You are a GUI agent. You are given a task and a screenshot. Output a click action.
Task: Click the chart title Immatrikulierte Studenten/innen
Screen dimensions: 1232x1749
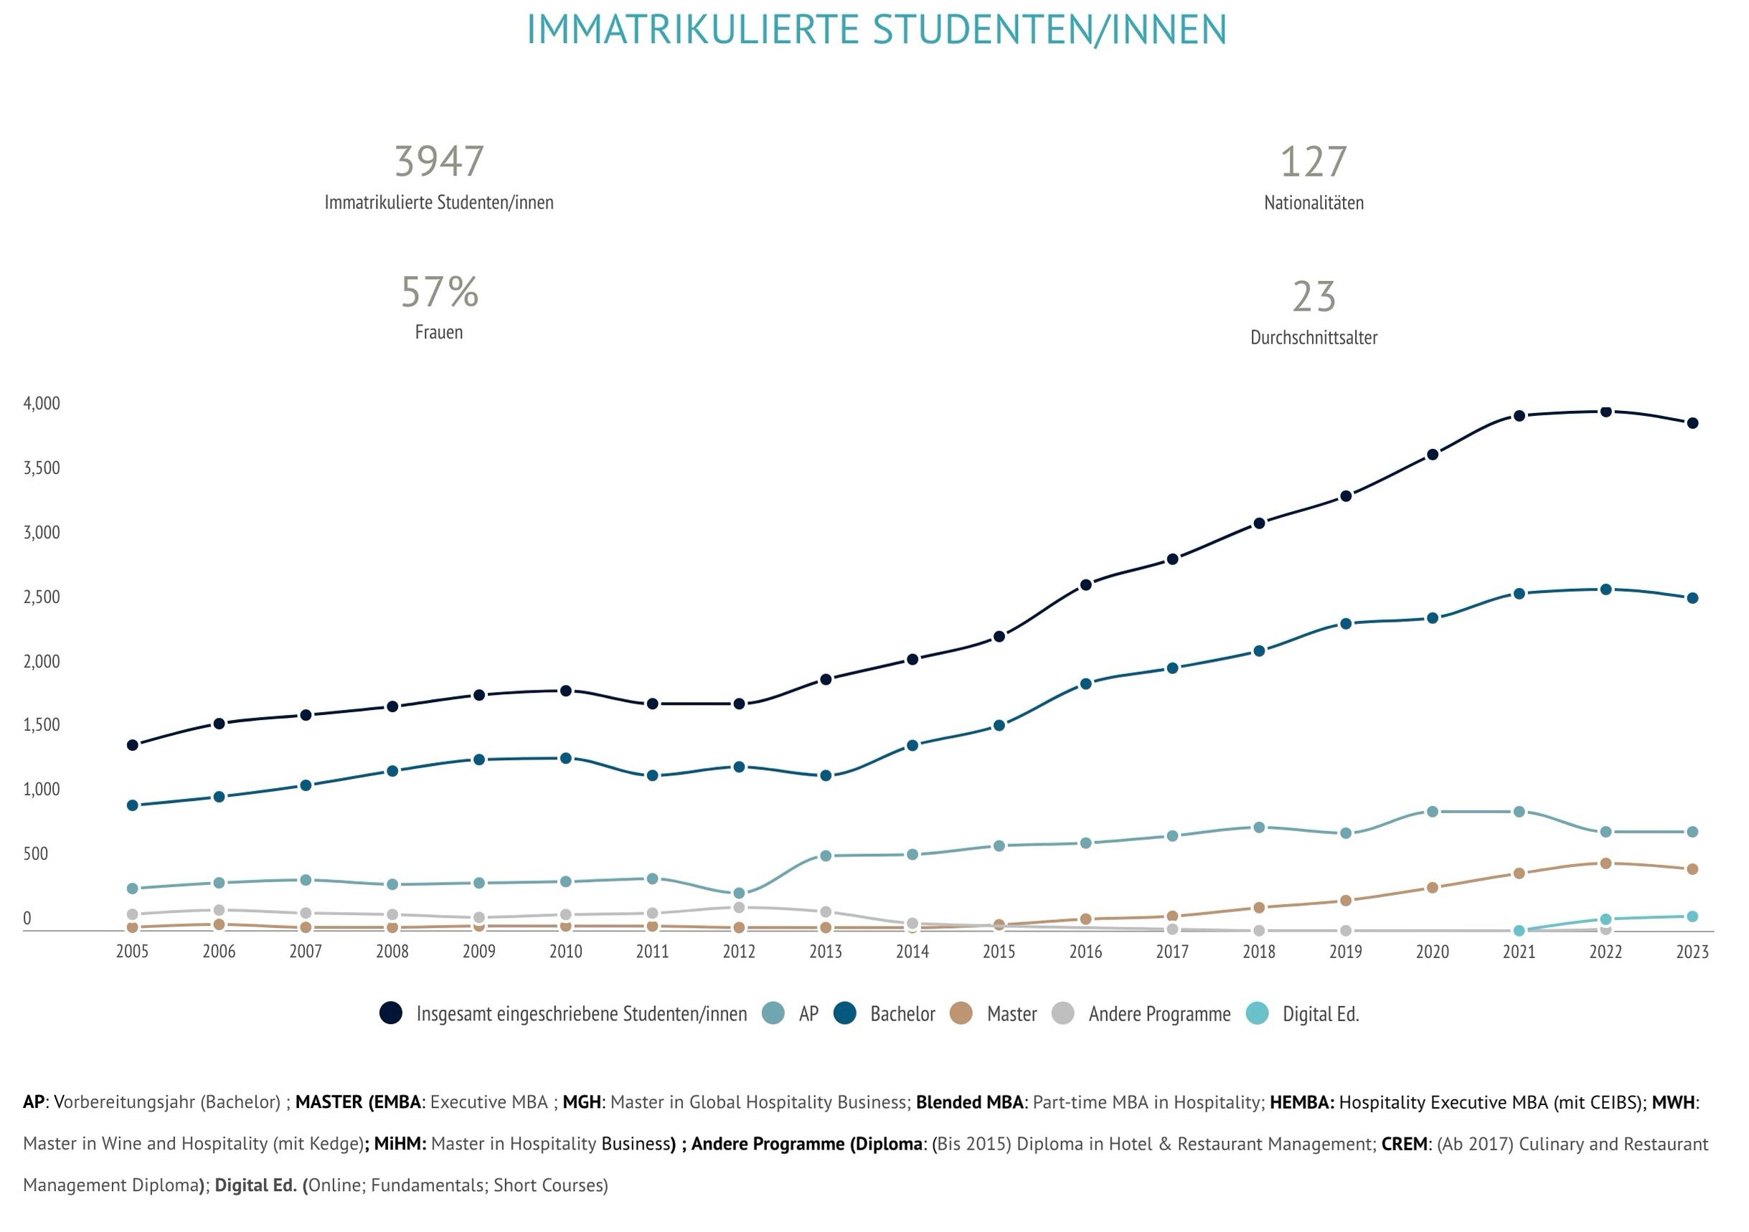876,30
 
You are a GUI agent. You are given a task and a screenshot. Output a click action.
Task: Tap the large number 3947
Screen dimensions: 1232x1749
439,161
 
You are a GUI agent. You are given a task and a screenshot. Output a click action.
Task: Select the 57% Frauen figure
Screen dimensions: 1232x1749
440,293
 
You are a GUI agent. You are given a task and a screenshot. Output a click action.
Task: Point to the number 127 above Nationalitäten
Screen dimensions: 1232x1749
1314,161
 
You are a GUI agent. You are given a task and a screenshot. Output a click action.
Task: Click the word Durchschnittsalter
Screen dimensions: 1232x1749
1314,337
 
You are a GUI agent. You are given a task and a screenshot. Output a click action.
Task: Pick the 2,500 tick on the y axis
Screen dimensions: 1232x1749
42,597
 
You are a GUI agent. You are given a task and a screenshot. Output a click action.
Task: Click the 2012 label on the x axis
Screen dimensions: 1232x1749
738,951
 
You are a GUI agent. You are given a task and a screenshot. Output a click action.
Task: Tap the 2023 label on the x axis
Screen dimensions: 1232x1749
1692,951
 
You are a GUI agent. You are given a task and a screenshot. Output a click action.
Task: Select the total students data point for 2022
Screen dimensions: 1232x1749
1606,412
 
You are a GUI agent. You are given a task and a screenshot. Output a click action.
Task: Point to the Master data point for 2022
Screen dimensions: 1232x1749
1606,863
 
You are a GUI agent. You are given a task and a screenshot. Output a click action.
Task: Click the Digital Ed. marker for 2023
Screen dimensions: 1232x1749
1692,916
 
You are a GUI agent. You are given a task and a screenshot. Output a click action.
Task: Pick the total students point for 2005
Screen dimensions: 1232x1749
133,744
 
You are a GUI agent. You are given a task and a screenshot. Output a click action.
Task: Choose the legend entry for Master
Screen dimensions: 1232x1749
995,1013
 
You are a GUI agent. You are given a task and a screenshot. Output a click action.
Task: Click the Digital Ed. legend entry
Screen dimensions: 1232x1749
1303,1013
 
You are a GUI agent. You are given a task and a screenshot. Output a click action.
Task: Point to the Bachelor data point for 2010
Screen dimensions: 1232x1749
565,759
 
